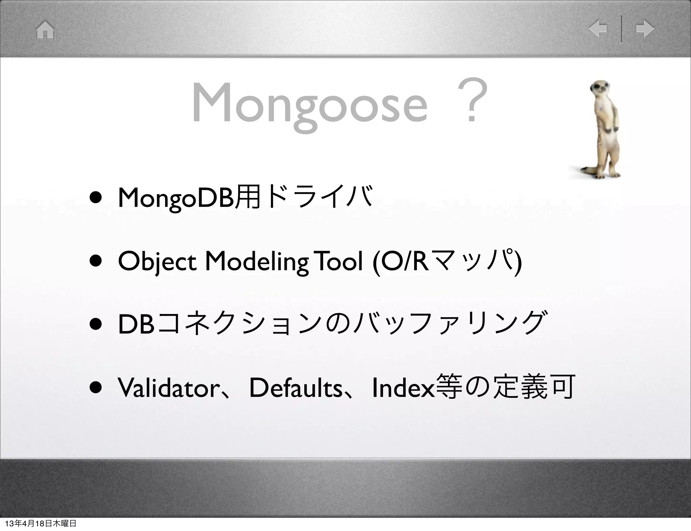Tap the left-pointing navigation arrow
click(598, 29)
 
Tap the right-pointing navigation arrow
click(645, 29)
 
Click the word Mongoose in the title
click(310, 103)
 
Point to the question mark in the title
click(472, 100)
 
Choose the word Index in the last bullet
click(403, 388)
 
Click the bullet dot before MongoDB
click(96, 198)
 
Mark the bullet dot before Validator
click(96, 388)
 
